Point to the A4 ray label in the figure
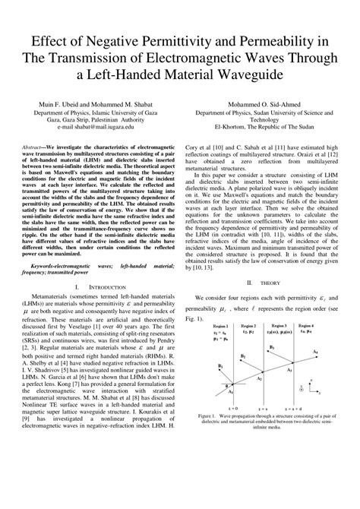[x=315, y=353]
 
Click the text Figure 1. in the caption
[x=207, y=416]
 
